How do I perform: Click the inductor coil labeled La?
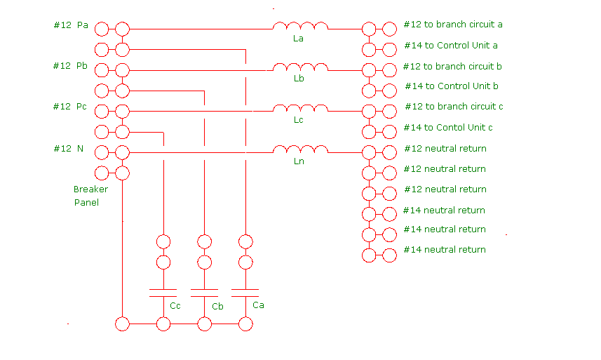point(300,27)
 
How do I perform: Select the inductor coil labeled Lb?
point(300,67)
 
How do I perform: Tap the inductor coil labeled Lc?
point(300,108)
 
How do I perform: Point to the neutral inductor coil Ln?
point(300,149)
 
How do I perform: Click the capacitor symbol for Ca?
point(245,291)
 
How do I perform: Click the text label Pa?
point(82,25)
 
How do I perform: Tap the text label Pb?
point(82,66)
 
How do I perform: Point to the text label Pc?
point(82,107)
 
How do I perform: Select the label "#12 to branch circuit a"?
point(452,25)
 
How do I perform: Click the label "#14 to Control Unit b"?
point(451,86)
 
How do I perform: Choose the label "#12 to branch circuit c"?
point(454,107)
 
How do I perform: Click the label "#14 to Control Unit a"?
point(450,46)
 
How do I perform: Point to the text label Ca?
point(258,305)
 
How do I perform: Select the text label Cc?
point(175,306)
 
